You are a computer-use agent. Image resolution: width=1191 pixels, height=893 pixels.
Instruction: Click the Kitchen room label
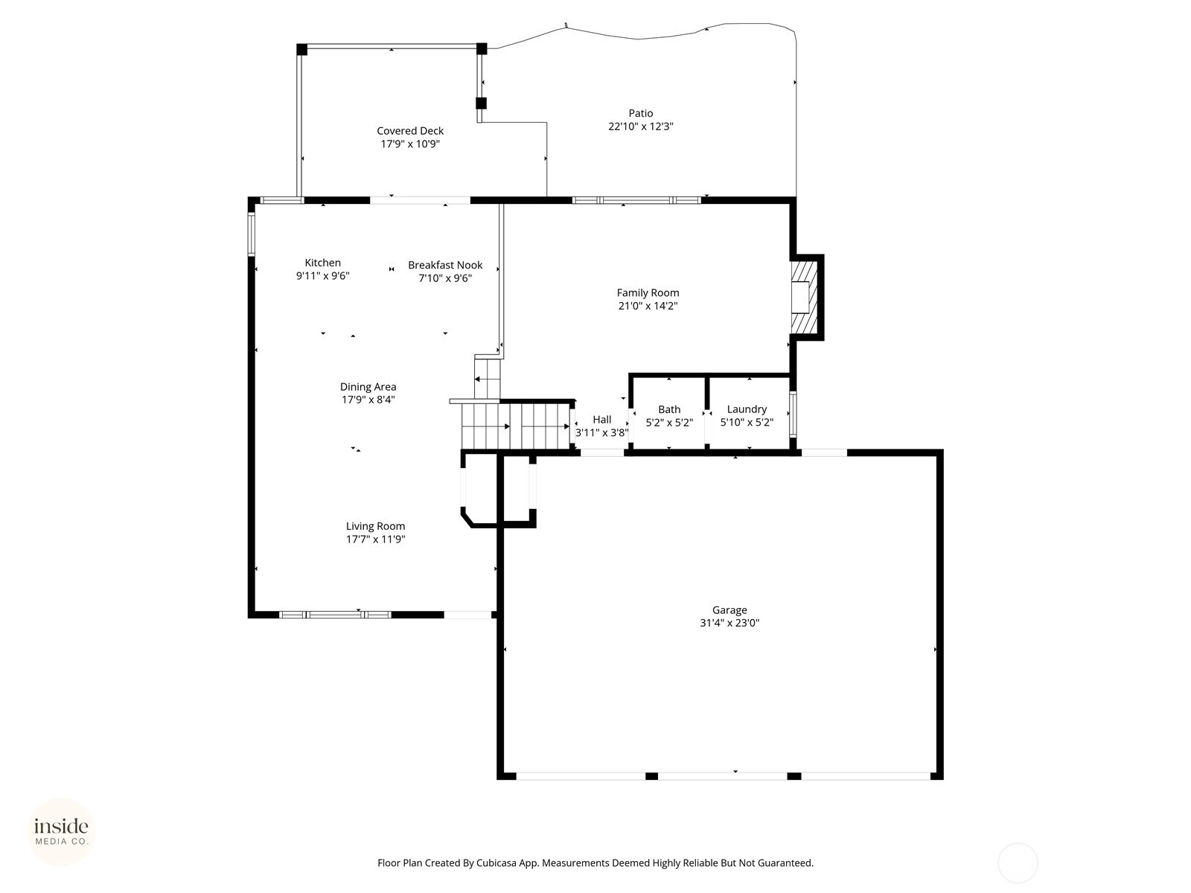322,263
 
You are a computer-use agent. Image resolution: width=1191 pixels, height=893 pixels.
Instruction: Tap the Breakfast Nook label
445,265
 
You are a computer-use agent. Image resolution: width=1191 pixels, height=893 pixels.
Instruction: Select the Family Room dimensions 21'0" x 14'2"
648,305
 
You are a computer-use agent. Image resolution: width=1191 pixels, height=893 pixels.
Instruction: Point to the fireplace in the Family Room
804,298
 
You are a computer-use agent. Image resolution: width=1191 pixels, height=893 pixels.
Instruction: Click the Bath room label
669,409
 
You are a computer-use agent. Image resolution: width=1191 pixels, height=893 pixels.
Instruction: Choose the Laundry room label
747,409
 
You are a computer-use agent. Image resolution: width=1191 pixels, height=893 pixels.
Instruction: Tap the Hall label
601,419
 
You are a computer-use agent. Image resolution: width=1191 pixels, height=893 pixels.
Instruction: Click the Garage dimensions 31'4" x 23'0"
729,622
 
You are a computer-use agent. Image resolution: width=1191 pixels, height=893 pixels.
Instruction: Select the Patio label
641,113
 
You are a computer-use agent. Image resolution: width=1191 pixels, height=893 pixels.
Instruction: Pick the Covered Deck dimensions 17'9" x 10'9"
410,144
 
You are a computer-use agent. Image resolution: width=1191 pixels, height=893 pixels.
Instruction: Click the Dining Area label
368,386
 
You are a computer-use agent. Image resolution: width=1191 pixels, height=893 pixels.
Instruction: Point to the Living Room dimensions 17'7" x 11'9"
375,539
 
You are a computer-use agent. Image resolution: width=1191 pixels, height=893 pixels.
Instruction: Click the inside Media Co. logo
61,831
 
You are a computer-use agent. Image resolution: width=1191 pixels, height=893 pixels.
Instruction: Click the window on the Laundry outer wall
793,415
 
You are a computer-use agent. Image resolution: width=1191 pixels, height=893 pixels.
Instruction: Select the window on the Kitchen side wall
252,234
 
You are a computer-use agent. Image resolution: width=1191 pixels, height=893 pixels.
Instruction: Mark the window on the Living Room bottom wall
335,615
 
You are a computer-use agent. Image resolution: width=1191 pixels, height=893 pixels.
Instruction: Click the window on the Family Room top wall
636,200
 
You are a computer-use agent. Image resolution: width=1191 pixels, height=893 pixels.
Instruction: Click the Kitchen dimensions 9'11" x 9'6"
322,275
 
